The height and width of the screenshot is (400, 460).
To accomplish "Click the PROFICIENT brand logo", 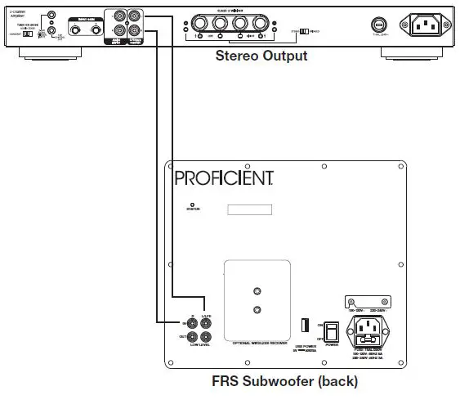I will (222, 177).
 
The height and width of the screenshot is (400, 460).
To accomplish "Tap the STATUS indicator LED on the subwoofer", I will (192, 204).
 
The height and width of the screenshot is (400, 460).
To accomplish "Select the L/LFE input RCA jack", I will (206, 322).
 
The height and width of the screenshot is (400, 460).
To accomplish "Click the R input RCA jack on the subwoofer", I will (193, 322).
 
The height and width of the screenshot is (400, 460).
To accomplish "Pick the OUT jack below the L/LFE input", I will (206, 336).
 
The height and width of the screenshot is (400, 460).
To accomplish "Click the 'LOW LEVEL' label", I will (199, 346).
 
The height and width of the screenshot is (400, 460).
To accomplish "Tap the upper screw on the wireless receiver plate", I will (258, 292).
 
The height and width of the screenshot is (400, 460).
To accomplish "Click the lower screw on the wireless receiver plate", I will (258, 309).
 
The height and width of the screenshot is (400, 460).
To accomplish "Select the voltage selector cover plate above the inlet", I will (373, 302).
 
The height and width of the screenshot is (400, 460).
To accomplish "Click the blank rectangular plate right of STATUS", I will (249, 209).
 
